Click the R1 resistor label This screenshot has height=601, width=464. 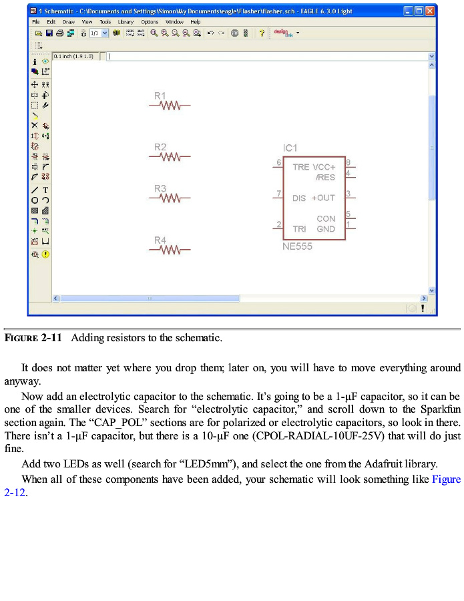pyautogui.click(x=160, y=96)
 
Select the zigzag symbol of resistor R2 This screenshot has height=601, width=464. pyautogui.click(x=171, y=157)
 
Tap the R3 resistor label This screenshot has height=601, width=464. pyautogui.click(x=160, y=189)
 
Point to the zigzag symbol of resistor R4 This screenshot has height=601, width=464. pyautogui.click(x=171, y=250)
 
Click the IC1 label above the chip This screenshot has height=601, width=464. pyautogui.click(x=290, y=148)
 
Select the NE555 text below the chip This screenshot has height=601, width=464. pyautogui.click(x=297, y=246)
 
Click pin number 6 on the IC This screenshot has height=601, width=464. pyautogui.click(x=278, y=162)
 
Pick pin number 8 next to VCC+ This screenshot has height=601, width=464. pyautogui.click(x=349, y=162)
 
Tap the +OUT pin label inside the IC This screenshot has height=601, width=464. pyautogui.click(x=323, y=198)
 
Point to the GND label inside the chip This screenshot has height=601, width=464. pyautogui.click(x=326, y=229)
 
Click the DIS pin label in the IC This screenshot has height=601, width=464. pyautogui.click(x=299, y=198)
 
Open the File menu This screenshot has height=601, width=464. pyautogui.click(x=36, y=22)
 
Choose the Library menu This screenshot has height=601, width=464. pyautogui.click(x=126, y=22)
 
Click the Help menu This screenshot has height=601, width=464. pyautogui.click(x=195, y=22)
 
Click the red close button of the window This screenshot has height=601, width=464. pyautogui.click(x=431, y=11)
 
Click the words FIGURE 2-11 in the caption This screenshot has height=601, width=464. pyautogui.click(x=33, y=338)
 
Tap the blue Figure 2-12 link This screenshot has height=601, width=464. pyautogui.click(x=446, y=479)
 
